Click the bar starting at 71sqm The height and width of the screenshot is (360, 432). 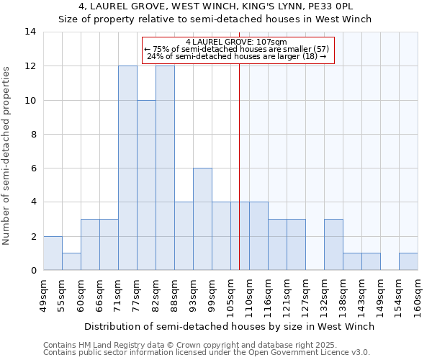tap(127, 168)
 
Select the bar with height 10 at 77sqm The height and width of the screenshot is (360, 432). tap(146, 185)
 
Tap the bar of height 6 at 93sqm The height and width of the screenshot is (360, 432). tap(202, 219)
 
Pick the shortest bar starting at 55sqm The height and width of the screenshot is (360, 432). tap(71, 261)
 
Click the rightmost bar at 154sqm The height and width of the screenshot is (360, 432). tap(408, 261)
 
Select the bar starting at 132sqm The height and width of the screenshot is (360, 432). tap(333, 245)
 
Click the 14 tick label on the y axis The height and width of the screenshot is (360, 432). tap(30, 32)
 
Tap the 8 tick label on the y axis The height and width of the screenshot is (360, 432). tap(33, 134)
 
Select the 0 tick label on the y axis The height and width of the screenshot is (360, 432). tap(33, 271)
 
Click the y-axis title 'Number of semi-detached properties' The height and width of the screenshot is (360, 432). tap(6, 155)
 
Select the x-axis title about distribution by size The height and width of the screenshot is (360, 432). tap(229, 326)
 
